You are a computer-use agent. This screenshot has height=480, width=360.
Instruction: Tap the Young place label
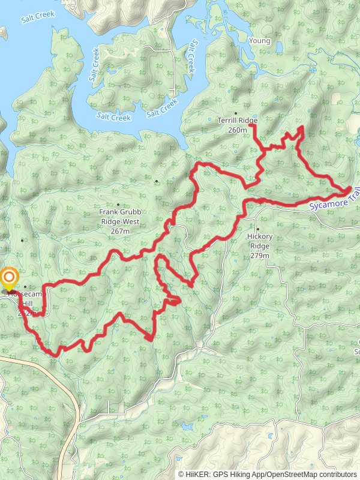[259, 41]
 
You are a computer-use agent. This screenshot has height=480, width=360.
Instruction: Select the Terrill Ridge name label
[237, 120]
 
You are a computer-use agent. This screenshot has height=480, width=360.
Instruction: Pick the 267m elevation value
[121, 231]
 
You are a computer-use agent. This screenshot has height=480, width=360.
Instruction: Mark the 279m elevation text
[259, 256]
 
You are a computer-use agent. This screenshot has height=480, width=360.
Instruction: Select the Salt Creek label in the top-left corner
[38, 19]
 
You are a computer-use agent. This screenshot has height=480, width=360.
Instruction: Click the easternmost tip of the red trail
[351, 190]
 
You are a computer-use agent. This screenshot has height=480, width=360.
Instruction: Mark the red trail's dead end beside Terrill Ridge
[250, 125]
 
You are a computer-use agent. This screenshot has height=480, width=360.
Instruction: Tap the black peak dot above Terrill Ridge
[236, 112]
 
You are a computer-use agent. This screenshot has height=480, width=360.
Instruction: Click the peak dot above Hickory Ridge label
[257, 229]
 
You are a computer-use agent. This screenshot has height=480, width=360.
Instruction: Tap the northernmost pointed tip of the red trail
[301, 127]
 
